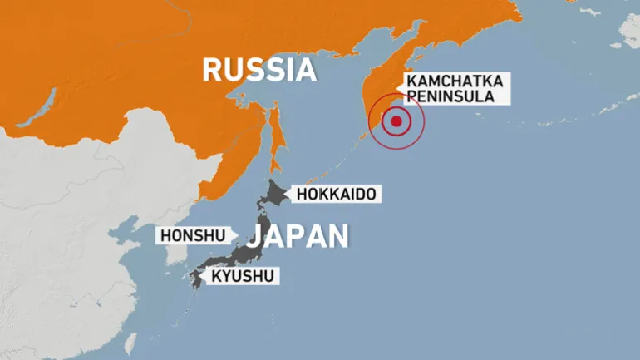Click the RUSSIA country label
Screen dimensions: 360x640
tap(259, 70)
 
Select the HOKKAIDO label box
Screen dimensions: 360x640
tap(335, 195)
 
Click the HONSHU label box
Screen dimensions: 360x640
tap(192, 235)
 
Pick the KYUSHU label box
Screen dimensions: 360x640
tap(245, 275)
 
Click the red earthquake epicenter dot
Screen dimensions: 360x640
tap(396, 122)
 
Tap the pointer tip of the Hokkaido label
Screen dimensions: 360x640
tap(287, 195)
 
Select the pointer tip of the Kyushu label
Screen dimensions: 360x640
tap(204, 275)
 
